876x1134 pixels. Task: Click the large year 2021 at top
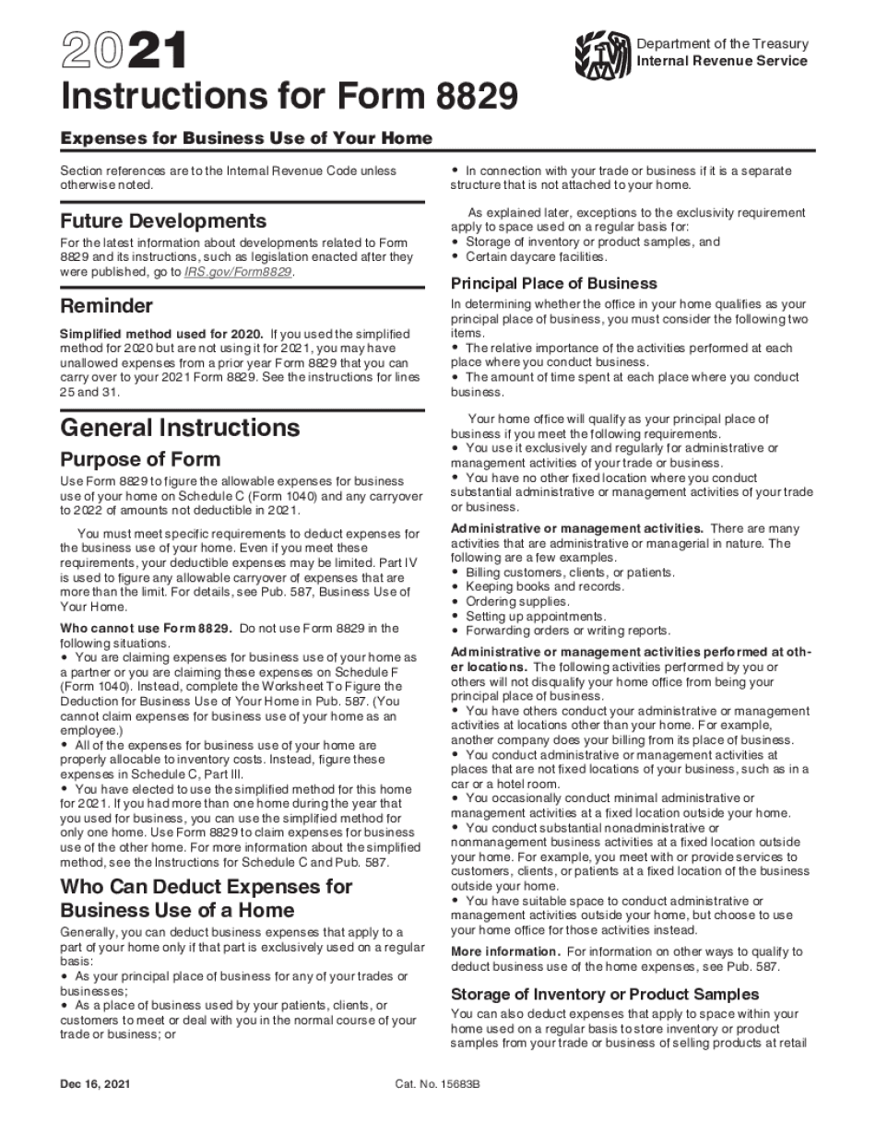pos(123,50)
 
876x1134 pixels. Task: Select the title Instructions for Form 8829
pos(289,96)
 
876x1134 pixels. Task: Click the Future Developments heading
pos(163,221)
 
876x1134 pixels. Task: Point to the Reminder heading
pos(106,305)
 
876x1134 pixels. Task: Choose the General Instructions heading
pos(180,428)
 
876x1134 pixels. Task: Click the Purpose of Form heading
pos(140,459)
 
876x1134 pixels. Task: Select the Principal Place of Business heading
pos(554,283)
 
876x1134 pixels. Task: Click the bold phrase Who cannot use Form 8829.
pos(147,629)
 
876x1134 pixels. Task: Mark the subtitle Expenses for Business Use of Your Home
pos(246,138)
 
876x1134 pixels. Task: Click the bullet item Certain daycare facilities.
pos(536,256)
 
